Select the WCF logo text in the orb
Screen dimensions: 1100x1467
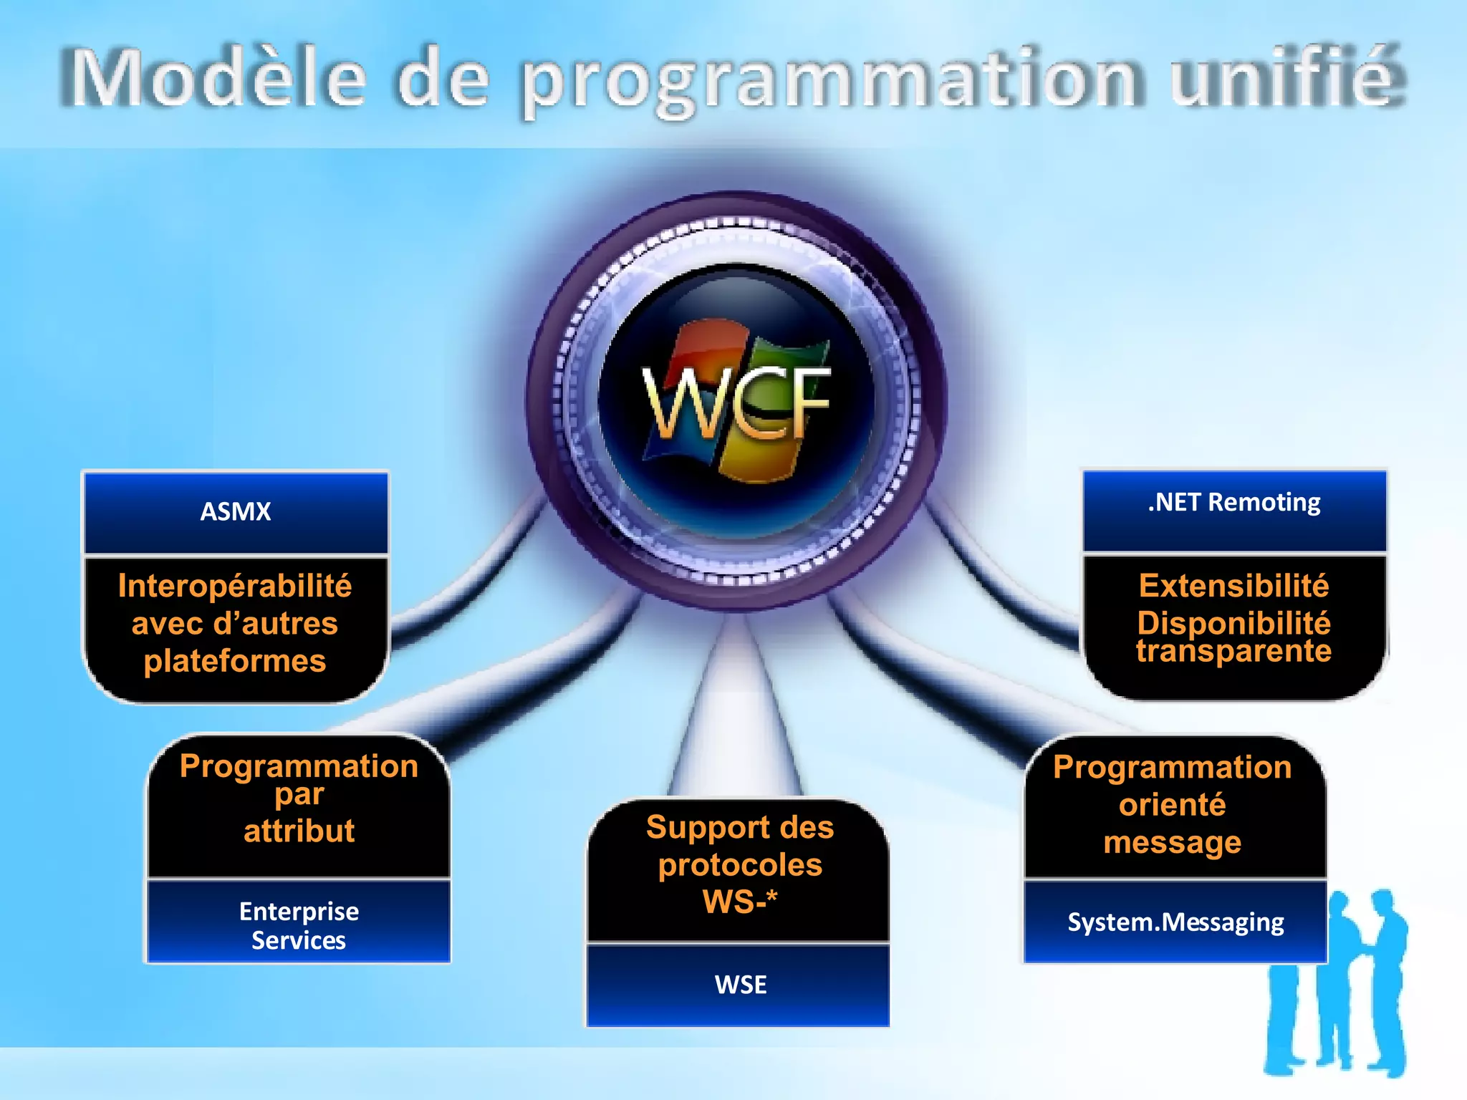pyautogui.click(x=736, y=402)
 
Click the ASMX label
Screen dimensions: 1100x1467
pyautogui.click(x=236, y=511)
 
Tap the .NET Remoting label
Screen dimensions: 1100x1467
pyautogui.click(x=1233, y=502)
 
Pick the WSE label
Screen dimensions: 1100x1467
pyautogui.click(x=740, y=985)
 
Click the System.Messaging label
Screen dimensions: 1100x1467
pyautogui.click(x=1175, y=922)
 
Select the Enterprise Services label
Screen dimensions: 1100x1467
pyautogui.click(x=299, y=925)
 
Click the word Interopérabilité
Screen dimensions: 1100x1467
pyautogui.click(x=235, y=586)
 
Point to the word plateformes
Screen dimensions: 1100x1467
pyautogui.click(x=235, y=661)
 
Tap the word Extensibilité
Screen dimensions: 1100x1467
pyautogui.click(x=1233, y=586)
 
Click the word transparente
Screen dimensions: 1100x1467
pyautogui.click(x=1233, y=651)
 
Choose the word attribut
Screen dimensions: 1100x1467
pyautogui.click(x=299, y=831)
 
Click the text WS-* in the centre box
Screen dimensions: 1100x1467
pyautogui.click(x=740, y=901)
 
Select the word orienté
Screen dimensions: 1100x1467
pyautogui.click(x=1173, y=805)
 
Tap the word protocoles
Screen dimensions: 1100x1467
pyautogui.click(x=740, y=865)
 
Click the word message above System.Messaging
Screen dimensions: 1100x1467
pyautogui.click(x=1173, y=842)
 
